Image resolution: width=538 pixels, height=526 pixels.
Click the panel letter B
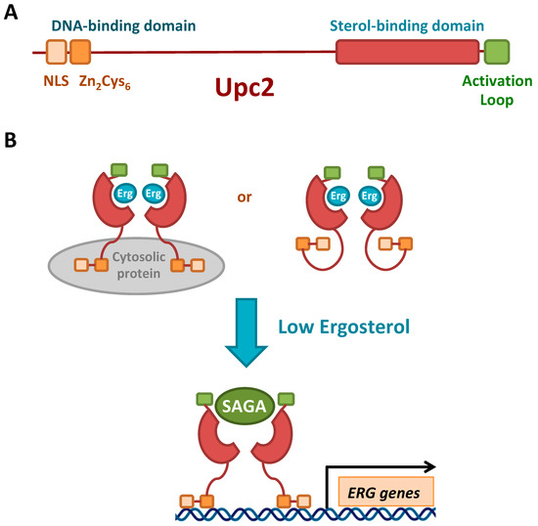pos(11,142)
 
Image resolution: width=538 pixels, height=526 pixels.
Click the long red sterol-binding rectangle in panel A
pos(408,53)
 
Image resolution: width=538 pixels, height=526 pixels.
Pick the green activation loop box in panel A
pos(497,53)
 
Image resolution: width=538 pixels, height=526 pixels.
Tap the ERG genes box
pos(385,492)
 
